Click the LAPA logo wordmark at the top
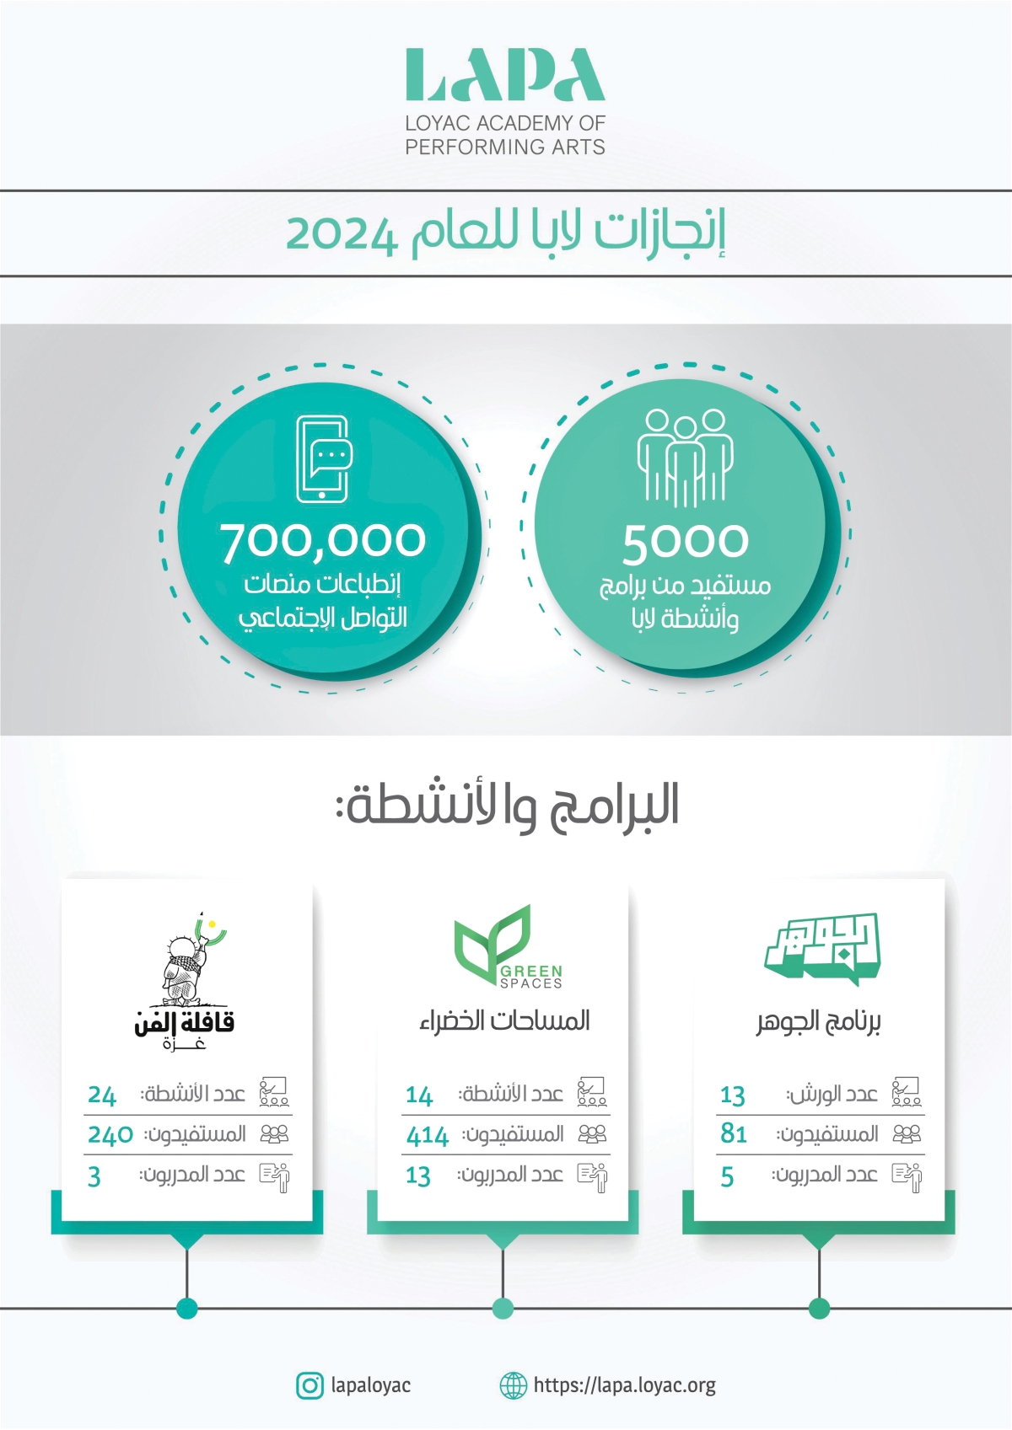click(505, 75)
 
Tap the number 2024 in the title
click(341, 235)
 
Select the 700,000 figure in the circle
click(323, 541)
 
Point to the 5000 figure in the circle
click(685, 543)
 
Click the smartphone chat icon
click(323, 458)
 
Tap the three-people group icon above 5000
click(684, 457)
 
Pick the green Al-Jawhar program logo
click(822, 948)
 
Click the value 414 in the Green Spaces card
click(428, 1136)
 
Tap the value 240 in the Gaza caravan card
click(110, 1135)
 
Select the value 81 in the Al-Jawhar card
click(734, 1134)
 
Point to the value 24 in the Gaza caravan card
click(102, 1095)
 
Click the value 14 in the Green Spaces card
click(419, 1095)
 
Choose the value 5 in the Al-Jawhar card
click(727, 1176)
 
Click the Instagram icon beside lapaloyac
click(310, 1385)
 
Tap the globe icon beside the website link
click(513, 1385)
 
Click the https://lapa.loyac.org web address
click(624, 1385)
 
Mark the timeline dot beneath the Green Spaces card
click(503, 1308)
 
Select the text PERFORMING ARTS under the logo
click(505, 147)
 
